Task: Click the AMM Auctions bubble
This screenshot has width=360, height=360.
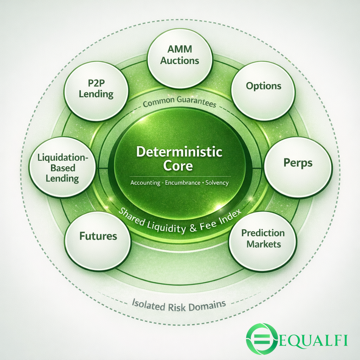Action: (x=180, y=58)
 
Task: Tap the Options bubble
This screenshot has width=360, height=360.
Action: (x=263, y=91)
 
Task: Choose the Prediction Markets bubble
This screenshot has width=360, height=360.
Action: (x=263, y=241)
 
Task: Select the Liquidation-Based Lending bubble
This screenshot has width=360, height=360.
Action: (x=62, y=168)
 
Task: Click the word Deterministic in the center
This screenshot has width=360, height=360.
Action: (x=179, y=152)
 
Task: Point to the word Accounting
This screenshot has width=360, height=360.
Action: (x=144, y=183)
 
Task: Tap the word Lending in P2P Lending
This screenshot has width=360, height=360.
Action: (x=96, y=95)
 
